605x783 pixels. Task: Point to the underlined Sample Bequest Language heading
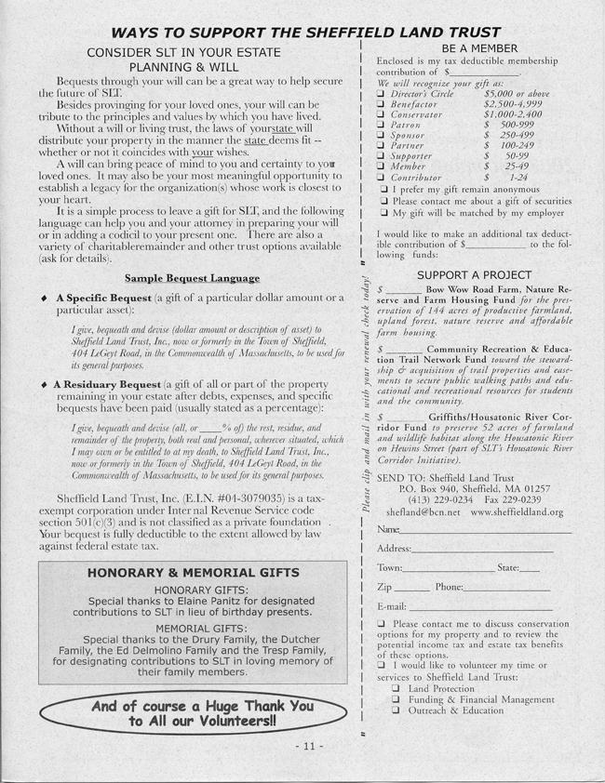[x=192, y=277]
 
